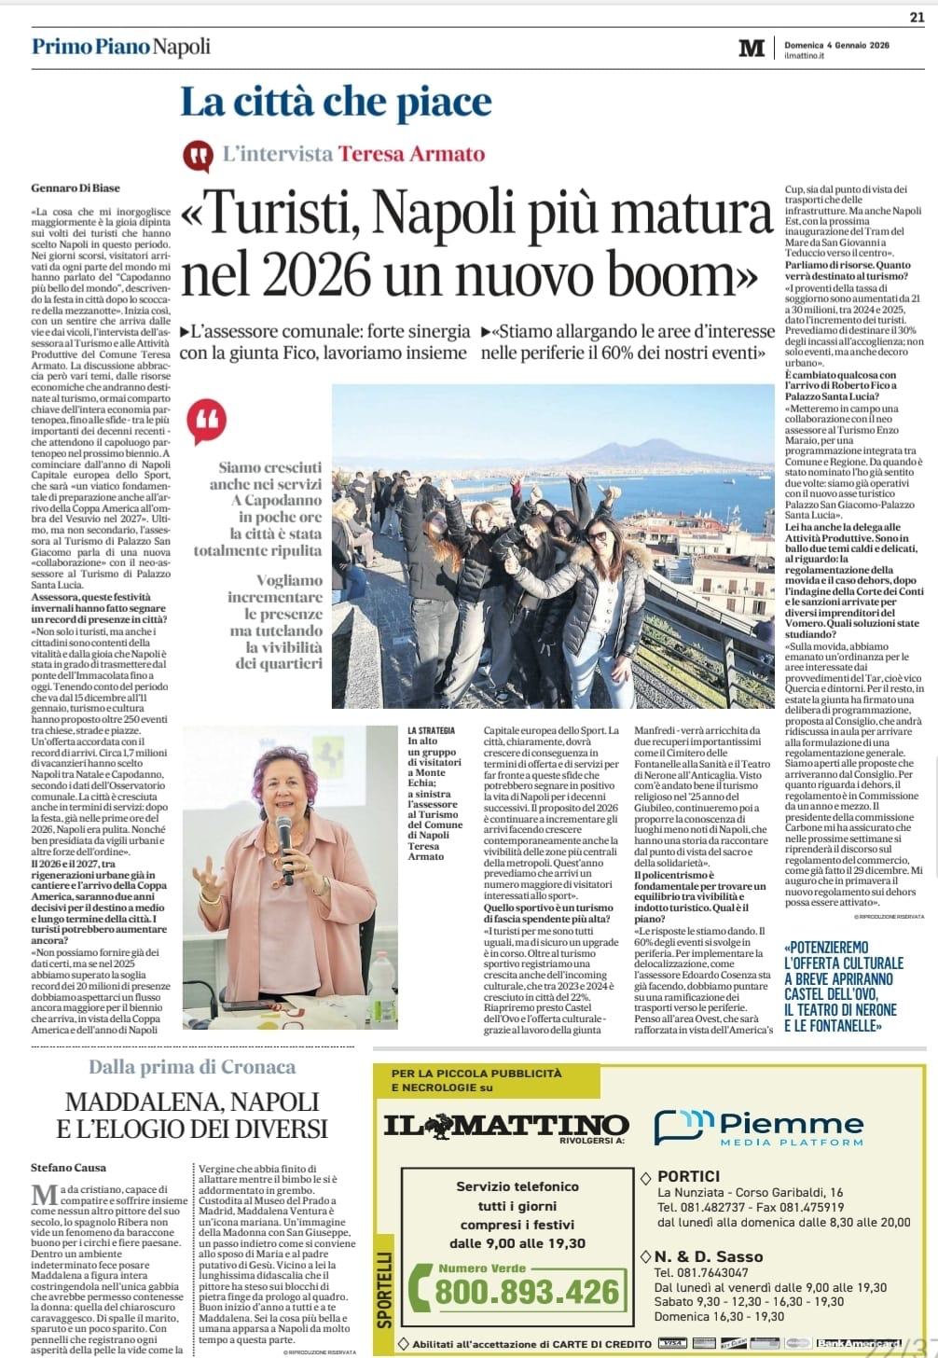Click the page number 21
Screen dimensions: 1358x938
pos(917,16)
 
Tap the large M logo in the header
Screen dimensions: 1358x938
pos(751,48)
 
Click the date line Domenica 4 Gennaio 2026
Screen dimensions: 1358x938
pos(836,44)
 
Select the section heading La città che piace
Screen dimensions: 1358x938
pos(336,102)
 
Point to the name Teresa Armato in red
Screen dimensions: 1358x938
pos(411,154)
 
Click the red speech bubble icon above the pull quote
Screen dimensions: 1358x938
pos(206,423)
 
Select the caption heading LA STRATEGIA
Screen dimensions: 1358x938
pos(431,729)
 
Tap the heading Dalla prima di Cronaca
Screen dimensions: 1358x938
pos(192,1067)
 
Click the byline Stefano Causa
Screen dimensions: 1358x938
pos(69,1167)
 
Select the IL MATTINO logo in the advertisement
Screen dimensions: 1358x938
pos(506,1125)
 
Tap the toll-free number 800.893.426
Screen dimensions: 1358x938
pos(527,1292)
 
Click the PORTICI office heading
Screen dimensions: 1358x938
pos(688,1176)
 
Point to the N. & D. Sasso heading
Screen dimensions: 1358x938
pos(708,1256)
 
